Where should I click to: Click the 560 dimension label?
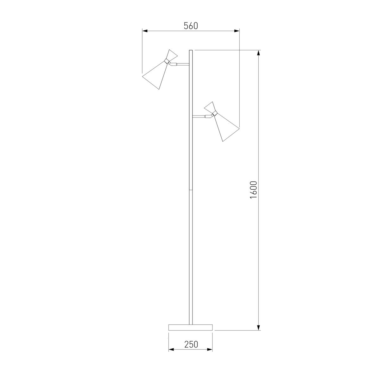coord(191,26)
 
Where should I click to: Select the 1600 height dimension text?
coord(253,190)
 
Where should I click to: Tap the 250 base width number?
coord(191,344)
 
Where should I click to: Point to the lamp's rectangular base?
coord(191,327)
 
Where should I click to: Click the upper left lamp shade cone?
coord(155,76)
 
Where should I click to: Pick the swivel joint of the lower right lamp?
coord(214,114)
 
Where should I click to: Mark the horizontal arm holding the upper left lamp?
coord(180,64)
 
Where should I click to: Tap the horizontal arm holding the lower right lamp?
coord(202,116)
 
